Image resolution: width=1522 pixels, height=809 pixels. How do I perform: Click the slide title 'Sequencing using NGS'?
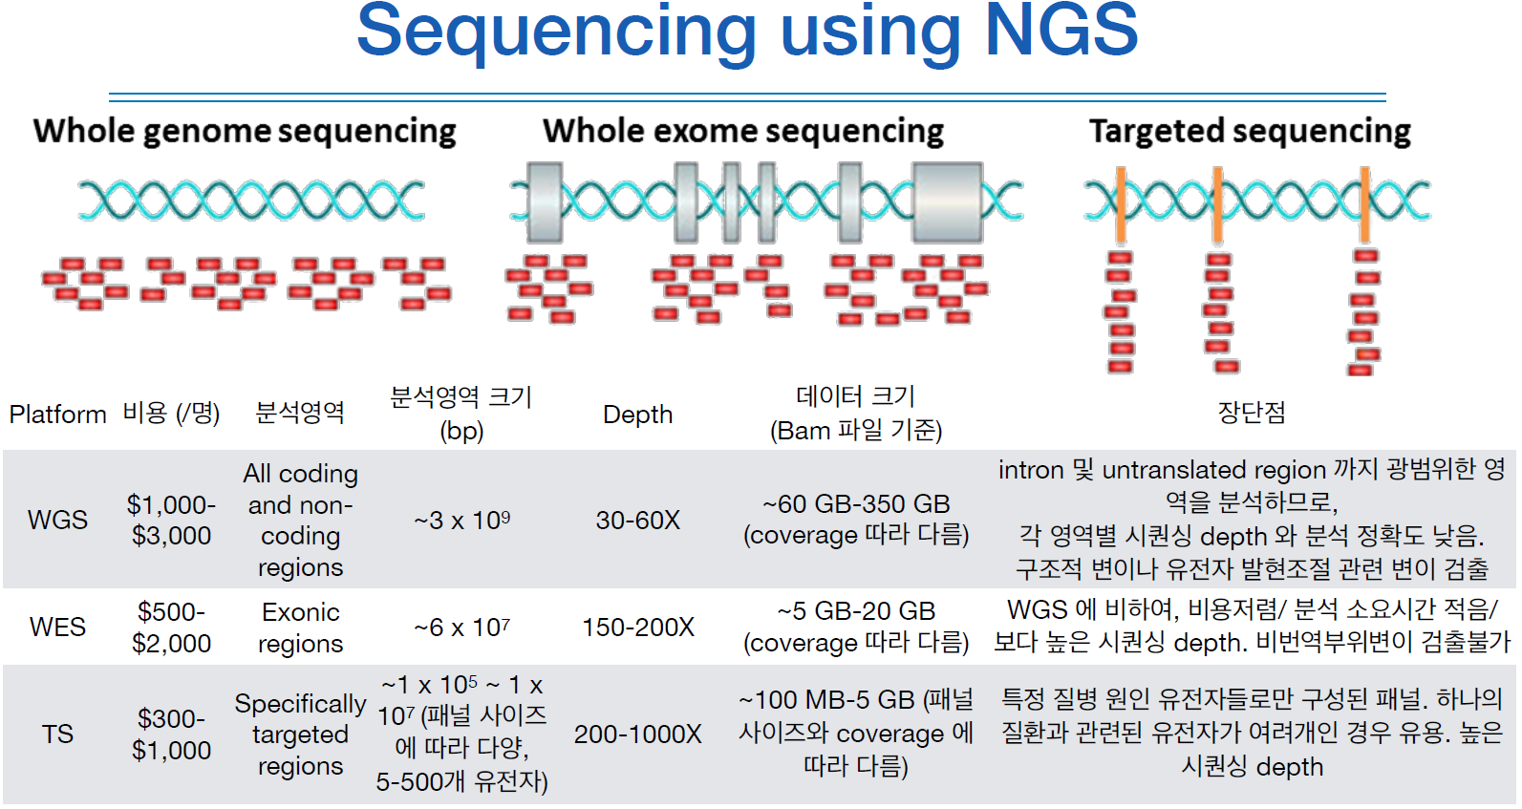click(x=747, y=31)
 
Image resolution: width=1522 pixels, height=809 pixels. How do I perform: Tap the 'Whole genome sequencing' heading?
click(x=245, y=131)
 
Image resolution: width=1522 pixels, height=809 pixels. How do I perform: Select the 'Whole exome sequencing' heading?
click(x=743, y=131)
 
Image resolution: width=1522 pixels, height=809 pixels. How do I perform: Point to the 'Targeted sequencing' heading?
click(x=1250, y=131)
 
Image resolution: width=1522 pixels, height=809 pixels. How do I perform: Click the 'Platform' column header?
click(x=57, y=415)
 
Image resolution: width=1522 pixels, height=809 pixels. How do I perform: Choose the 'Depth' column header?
click(x=637, y=415)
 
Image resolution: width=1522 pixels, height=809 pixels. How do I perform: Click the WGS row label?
click(x=57, y=520)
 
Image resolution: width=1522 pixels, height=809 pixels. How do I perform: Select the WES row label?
click(x=57, y=627)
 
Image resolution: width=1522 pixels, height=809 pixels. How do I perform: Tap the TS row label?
click(x=57, y=734)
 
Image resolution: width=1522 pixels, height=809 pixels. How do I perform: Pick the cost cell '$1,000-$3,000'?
click(x=171, y=520)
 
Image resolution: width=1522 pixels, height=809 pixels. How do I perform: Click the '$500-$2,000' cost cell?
click(x=171, y=627)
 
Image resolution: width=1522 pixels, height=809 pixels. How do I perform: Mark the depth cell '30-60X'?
click(x=637, y=520)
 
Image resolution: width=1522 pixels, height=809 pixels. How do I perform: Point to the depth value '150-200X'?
click(x=637, y=627)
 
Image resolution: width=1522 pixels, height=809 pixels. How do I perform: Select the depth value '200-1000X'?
click(x=637, y=734)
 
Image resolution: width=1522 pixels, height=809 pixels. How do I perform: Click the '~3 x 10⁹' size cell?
click(x=461, y=521)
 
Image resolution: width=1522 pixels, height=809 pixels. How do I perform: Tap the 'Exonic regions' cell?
click(x=300, y=628)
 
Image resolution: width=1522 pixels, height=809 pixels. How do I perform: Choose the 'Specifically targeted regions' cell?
click(x=300, y=734)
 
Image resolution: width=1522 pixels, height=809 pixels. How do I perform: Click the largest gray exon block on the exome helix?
click(x=947, y=202)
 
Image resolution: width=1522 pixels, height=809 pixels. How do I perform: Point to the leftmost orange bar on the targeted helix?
click(x=1120, y=203)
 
